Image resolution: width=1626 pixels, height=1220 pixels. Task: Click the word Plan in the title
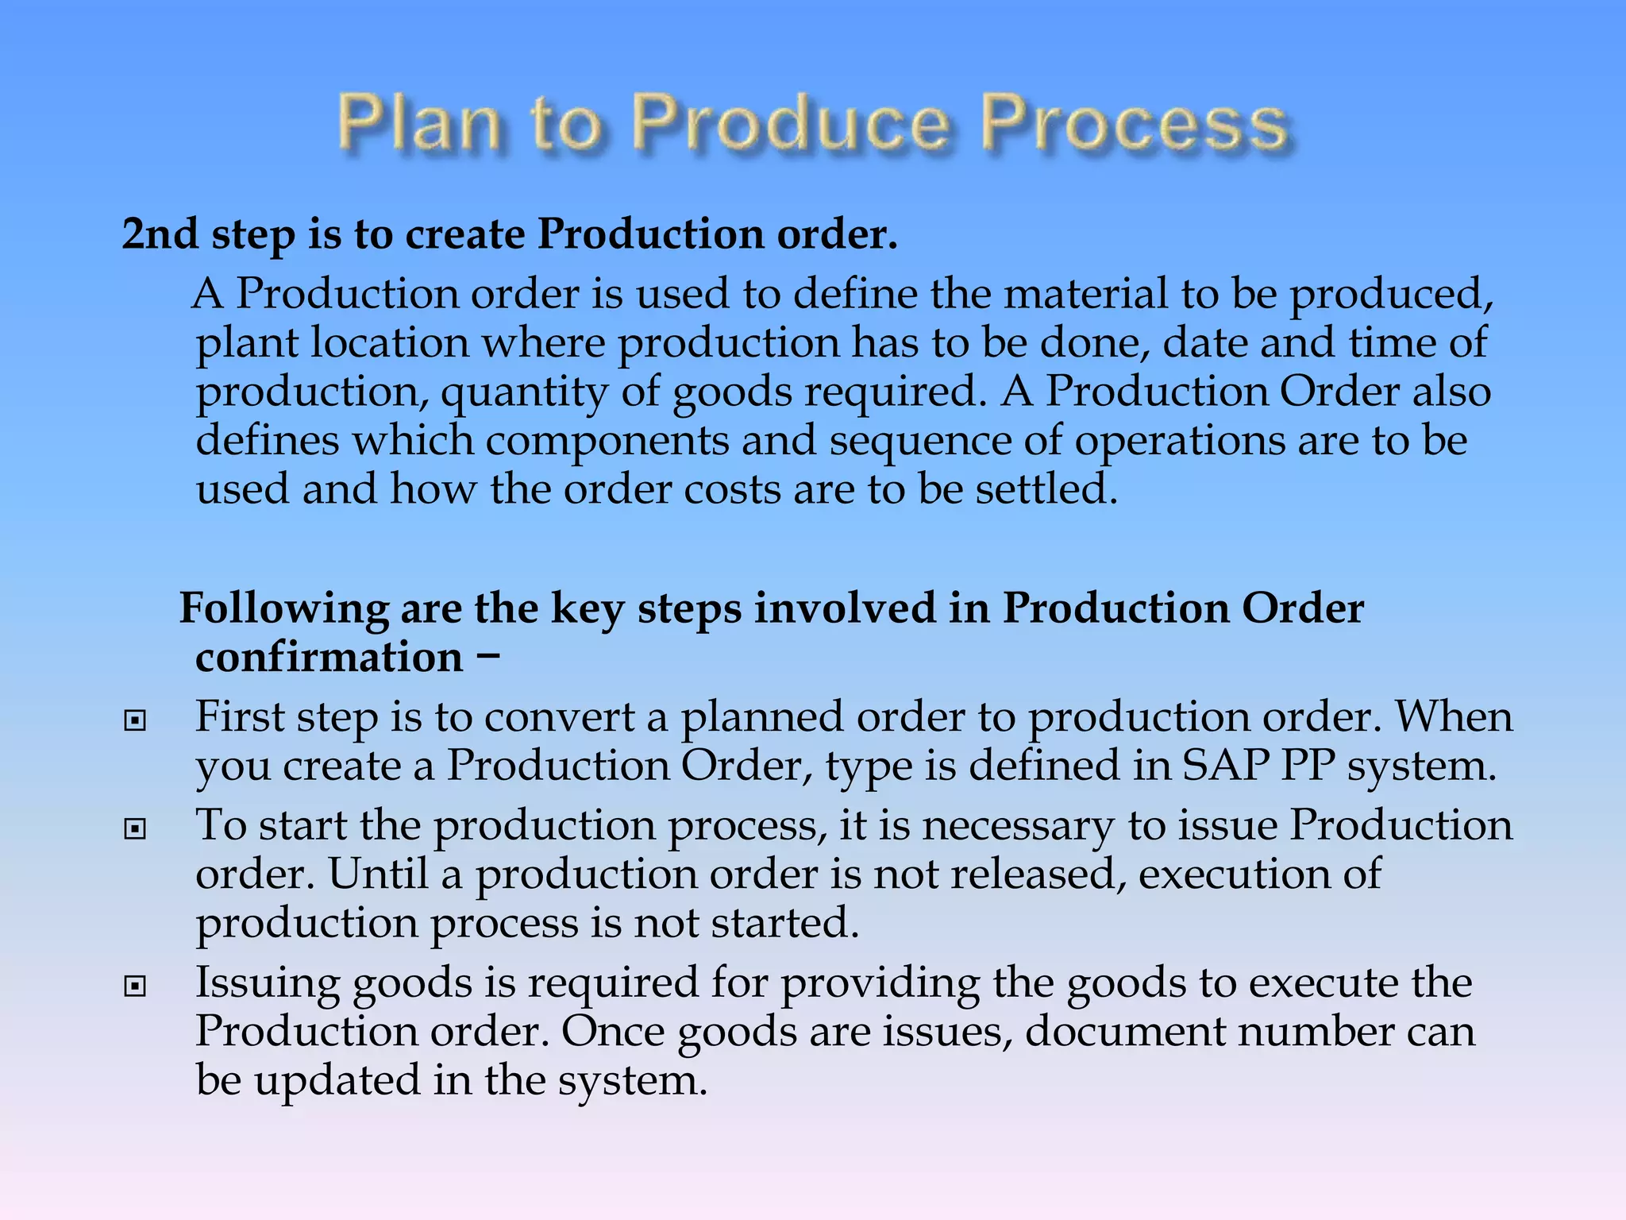pyautogui.click(x=419, y=123)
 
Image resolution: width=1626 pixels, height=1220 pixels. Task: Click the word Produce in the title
pyautogui.click(x=791, y=123)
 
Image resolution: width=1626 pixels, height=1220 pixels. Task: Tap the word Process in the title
pyautogui.click(x=1134, y=123)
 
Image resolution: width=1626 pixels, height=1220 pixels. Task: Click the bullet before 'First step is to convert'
pyautogui.click(x=136, y=720)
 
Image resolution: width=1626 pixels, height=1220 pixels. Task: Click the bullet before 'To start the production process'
pyautogui.click(x=136, y=829)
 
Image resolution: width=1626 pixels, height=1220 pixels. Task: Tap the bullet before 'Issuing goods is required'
pyautogui.click(x=136, y=986)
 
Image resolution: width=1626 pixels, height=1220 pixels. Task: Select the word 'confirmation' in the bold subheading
pyautogui.click(x=329, y=658)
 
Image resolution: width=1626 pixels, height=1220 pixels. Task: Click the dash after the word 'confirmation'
pyautogui.click(x=489, y=657)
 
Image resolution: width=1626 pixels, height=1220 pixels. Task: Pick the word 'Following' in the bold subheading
pyautogui.click(x=283, y=609)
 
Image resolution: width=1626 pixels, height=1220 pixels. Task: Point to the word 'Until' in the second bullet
pyautogui.click(x=378, y=874)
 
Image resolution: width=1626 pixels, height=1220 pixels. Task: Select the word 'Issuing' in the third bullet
pyautogui.click(x=268, y=984)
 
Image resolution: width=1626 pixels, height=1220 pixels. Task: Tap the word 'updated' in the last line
pyautogui.click(x=337, y=1081)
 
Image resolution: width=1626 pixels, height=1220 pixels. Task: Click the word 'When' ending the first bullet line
pyautogui.click(x=1454, y=717)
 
